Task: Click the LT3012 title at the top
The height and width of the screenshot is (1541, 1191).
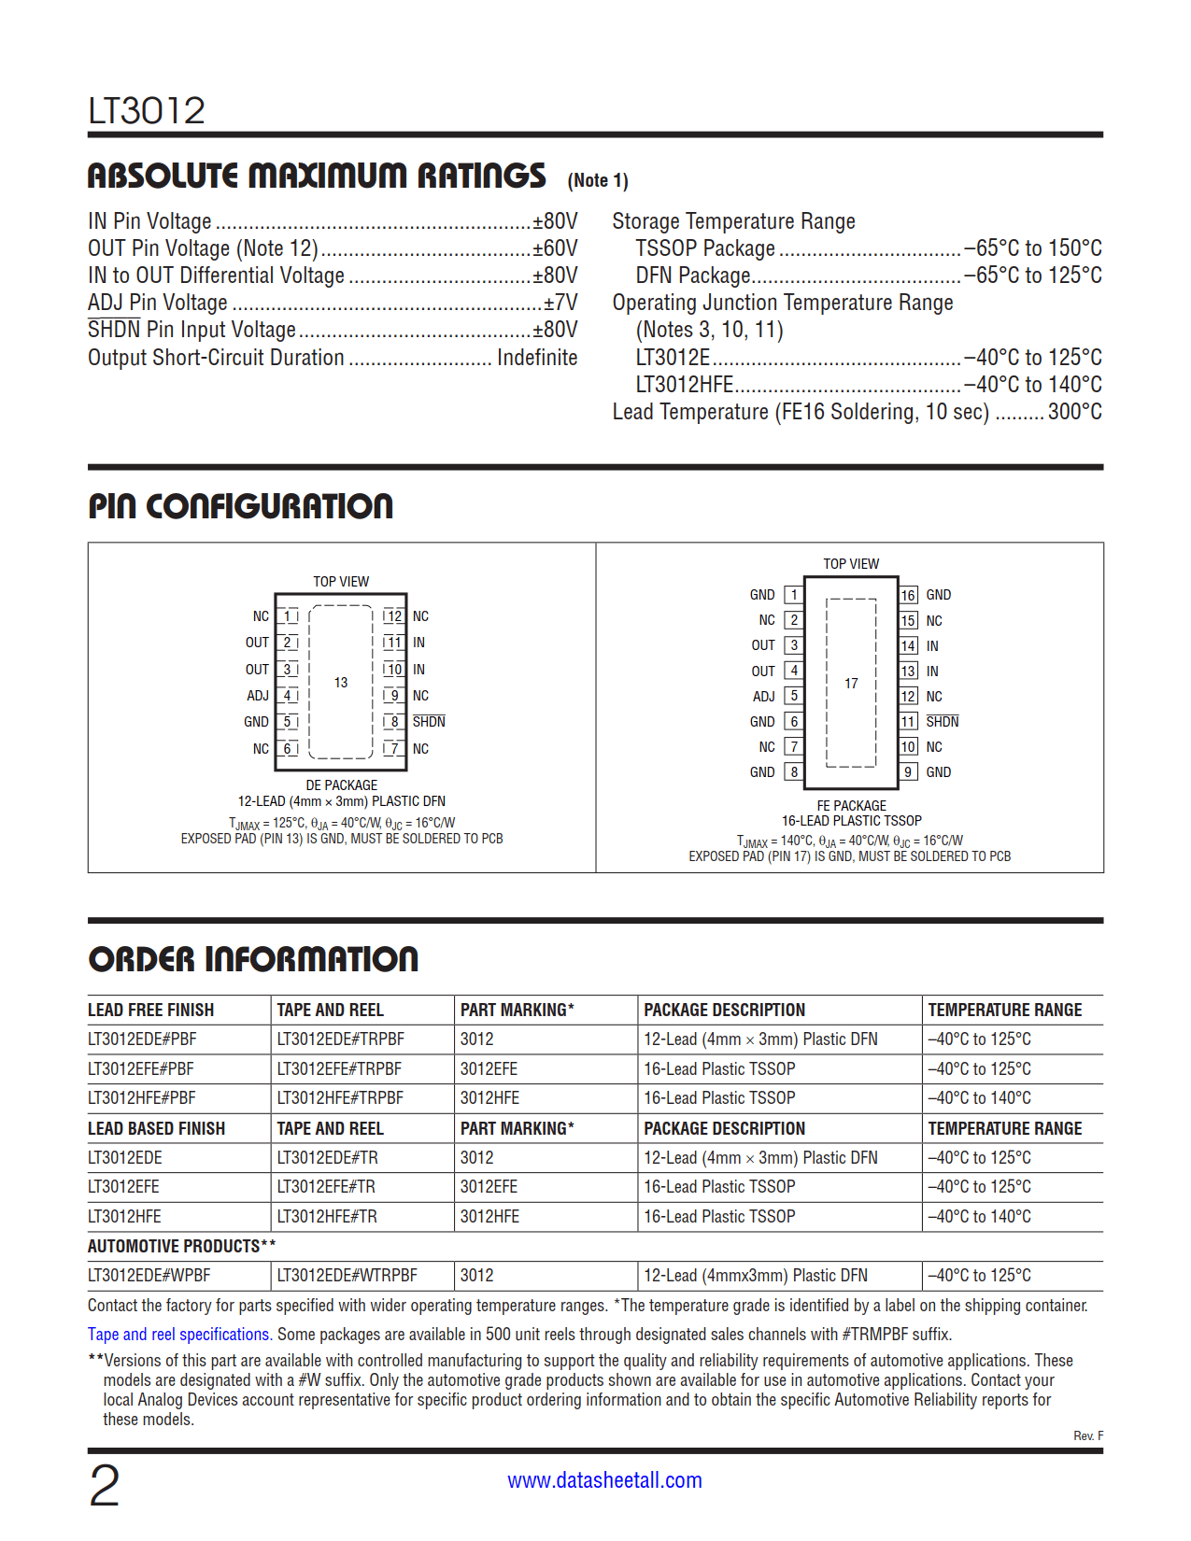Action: [147, 111]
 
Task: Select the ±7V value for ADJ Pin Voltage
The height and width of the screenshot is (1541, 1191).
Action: [560, 303]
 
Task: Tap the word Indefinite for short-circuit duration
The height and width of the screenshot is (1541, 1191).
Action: [537, 358]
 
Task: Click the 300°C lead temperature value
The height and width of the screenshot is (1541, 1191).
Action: [1074, 412]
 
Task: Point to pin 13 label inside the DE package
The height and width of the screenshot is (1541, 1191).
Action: [341, 683]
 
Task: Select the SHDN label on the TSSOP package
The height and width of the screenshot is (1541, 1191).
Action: [942, 722]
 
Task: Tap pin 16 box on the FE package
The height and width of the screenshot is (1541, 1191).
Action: [908, 595]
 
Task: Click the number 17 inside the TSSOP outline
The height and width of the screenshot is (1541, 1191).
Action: [851, 684]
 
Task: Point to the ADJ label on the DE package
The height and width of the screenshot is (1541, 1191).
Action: [258, 696]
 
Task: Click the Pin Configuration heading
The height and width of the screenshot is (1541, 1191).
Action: [241, 506]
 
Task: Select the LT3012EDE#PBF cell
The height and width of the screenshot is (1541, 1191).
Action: [142, 1039]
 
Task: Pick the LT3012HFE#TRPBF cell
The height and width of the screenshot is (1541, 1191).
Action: [340, 1098]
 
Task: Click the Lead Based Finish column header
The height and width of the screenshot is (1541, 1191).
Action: [156, 1128]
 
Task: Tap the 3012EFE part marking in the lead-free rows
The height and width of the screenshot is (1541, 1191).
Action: [489, 1068]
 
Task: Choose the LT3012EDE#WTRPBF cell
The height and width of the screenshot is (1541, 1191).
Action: [347, 1276]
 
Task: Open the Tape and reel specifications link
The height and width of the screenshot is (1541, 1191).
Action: [179, 1335]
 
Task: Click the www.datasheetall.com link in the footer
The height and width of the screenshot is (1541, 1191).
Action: [604, 1480]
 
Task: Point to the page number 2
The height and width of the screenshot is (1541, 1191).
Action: [105, 1486]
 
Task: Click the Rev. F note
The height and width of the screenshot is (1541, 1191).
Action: [1087, 1435]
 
